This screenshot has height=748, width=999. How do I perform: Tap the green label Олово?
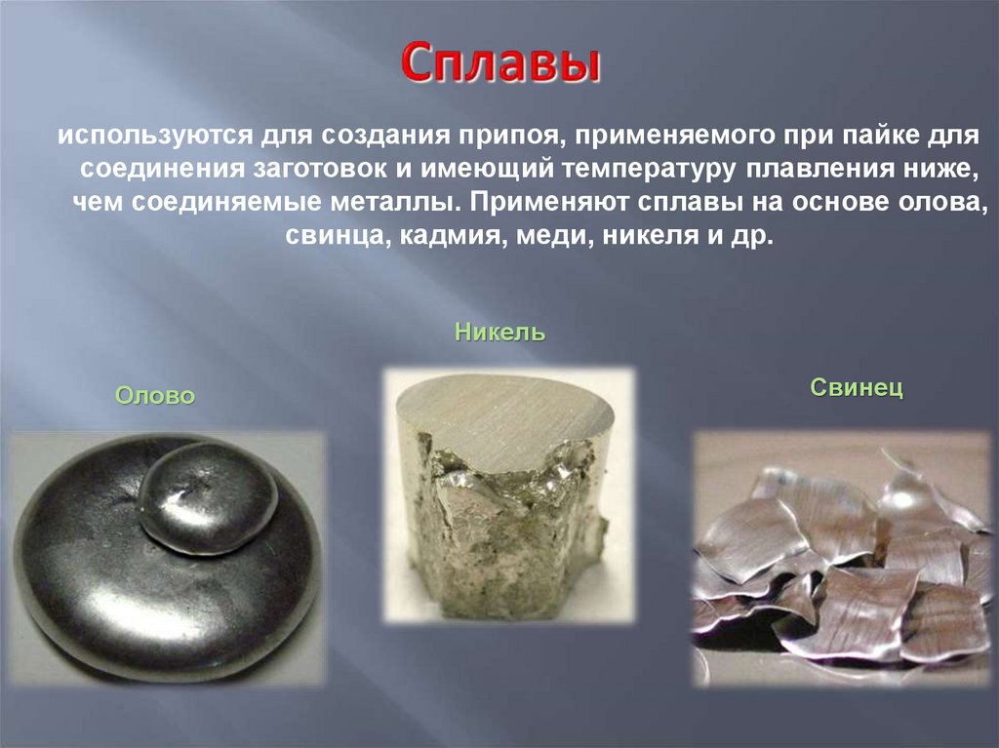pyautogui.click(x=155, y=396)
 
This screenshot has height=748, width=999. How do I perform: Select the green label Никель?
pyautogui.click(x=499, y=333)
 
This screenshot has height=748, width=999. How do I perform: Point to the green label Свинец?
pyautogui.click(x=857, y=388)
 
